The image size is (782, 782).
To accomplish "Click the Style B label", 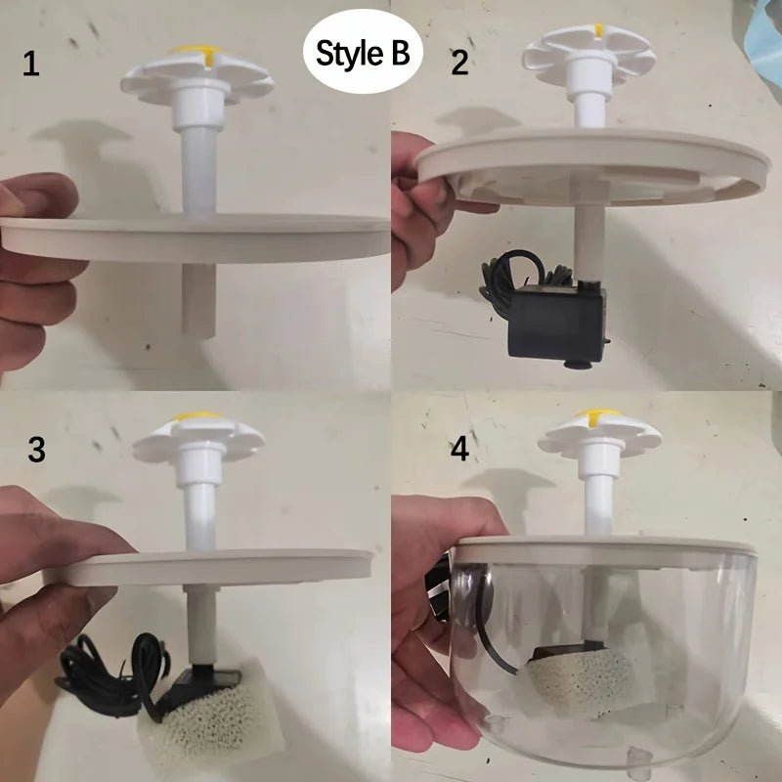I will click(363, 53).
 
